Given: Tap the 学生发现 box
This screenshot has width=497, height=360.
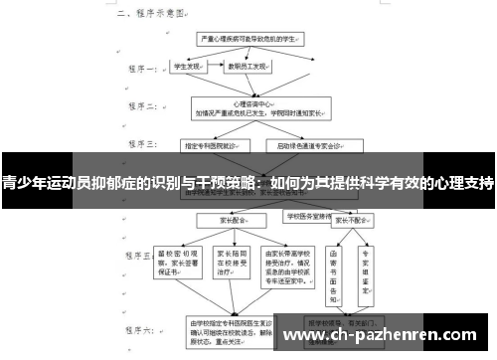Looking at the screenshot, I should (188, 68).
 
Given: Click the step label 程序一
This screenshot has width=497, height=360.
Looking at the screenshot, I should (141, 72).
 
